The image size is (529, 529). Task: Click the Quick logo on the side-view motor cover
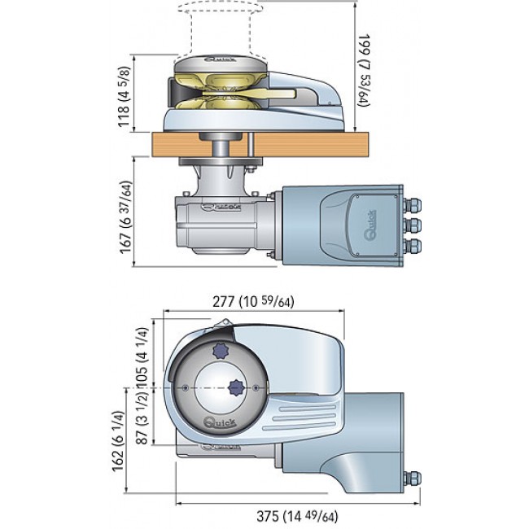click(365, 231)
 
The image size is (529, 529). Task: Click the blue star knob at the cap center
click(236, 387)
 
